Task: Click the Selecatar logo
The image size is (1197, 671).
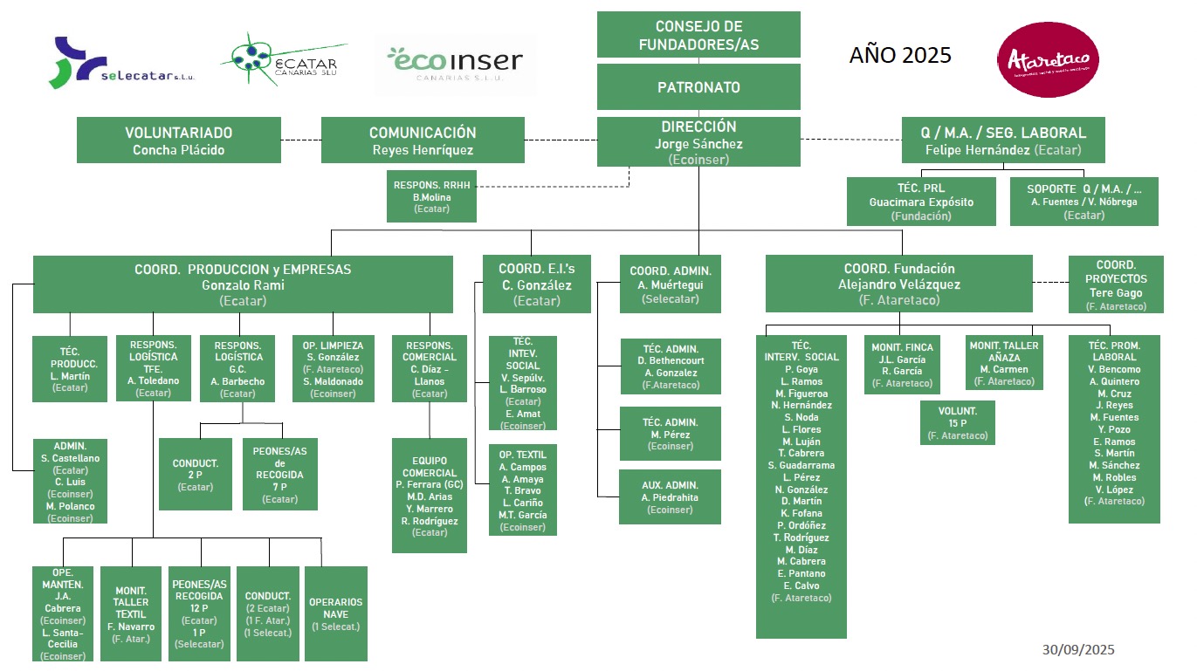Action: point(122,63)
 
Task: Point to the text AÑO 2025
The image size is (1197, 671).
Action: point(900,56)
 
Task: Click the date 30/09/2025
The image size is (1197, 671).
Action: point(1078,650)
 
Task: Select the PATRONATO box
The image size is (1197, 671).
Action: point(698,87)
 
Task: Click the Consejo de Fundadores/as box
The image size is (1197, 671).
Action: point(698,35)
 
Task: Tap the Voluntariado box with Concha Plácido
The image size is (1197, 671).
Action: point(179,140)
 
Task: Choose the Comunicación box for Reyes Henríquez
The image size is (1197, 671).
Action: point(423,140)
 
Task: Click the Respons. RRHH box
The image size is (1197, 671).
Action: point(432,196)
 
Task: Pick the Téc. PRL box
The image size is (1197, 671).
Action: point(921,202)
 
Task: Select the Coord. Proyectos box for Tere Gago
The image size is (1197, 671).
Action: point(1116,284)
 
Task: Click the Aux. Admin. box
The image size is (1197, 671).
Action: point(670,497)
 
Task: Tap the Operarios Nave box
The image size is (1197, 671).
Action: point(336,613)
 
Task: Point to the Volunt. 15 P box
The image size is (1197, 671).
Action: point(958,422)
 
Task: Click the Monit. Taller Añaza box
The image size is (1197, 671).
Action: point(1004,362)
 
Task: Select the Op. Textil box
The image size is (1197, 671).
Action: point(523,490)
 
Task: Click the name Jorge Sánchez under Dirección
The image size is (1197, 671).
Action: point(698,144)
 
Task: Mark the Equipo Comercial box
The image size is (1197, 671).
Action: point(430,496)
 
